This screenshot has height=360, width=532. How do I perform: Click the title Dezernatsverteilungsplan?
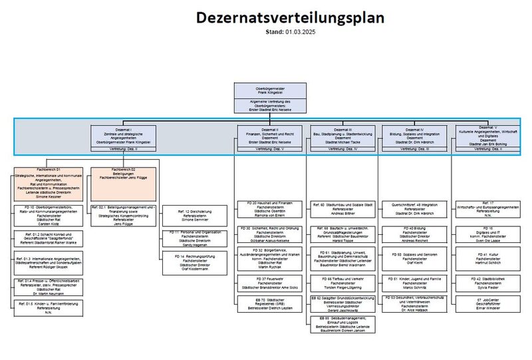289,18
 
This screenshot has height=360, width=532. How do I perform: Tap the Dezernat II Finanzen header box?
269,136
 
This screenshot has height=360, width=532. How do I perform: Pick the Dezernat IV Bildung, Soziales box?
413,136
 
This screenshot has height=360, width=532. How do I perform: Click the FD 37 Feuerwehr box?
269,283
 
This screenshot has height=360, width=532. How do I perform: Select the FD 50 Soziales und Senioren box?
413,258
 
